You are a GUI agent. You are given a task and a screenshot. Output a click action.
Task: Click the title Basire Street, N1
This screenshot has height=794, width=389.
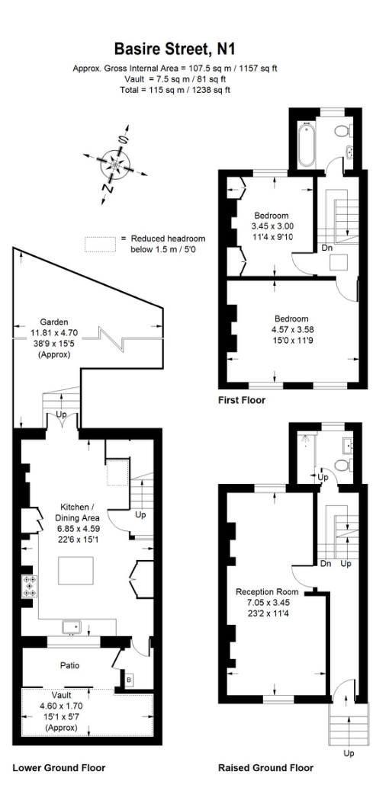point(175,50)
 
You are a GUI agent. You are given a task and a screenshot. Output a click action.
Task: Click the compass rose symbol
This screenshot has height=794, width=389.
point(115,163)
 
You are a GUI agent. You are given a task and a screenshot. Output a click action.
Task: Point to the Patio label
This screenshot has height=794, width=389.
point(71,665)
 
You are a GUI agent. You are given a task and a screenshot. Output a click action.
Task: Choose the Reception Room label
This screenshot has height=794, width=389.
point(267,591)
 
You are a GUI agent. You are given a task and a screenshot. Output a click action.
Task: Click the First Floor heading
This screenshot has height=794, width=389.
point(242,400)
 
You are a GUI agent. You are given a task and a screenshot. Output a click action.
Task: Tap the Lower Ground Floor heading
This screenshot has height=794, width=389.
point(59,767)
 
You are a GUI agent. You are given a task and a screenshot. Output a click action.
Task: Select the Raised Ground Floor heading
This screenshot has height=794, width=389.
point(265,767)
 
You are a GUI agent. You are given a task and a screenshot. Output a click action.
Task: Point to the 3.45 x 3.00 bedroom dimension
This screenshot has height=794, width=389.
point(272,226)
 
